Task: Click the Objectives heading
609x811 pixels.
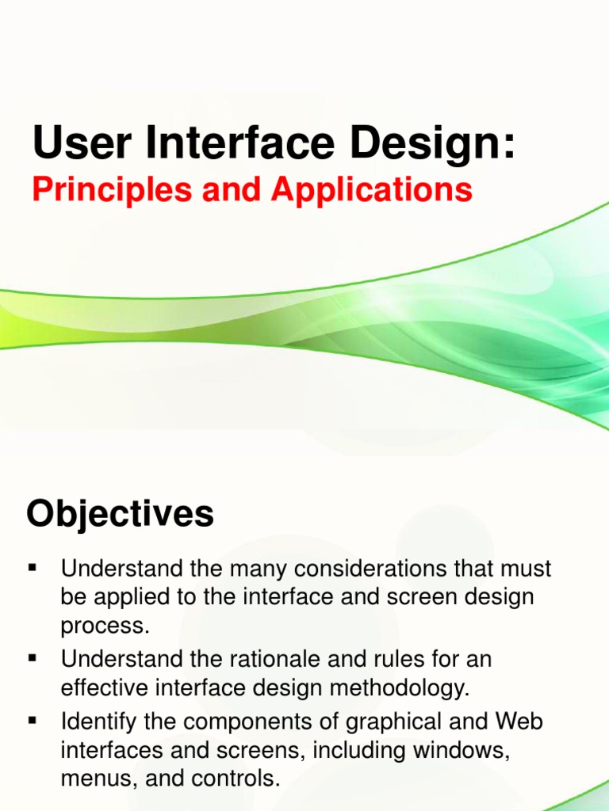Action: point(120,514)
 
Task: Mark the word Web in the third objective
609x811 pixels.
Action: point(518,721)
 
